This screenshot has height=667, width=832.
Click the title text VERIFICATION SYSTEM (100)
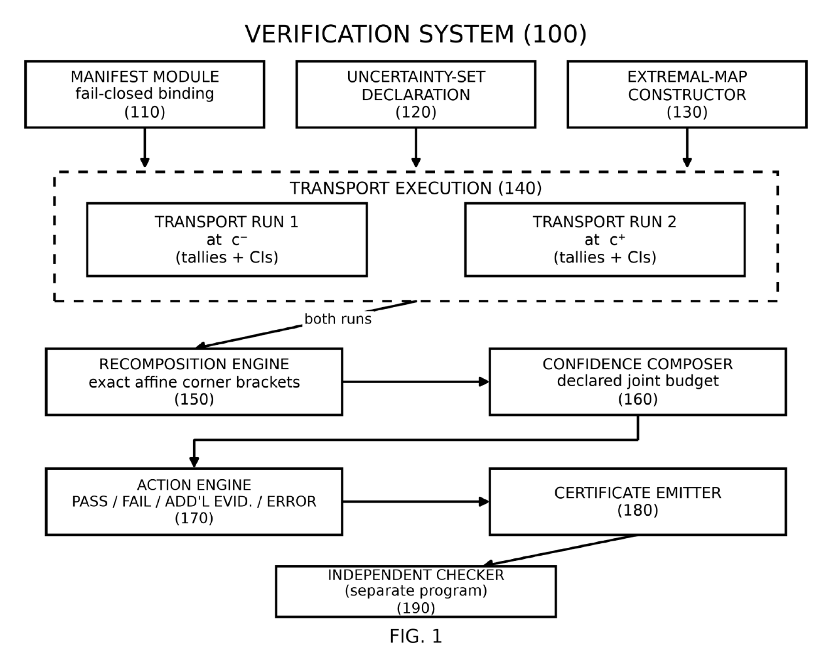pyautogui.click(x=415, y=34)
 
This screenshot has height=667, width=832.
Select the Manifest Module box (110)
pyautogui.click(x=145, y=94)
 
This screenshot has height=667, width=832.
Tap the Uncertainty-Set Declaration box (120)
pyautogui.click(x=415, y=94)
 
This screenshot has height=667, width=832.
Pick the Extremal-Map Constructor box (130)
pyautogui.click(x=687, y=94)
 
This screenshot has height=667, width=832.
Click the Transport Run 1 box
pyautogui.click(x=227, y=240)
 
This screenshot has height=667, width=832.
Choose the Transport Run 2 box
pyautogui.click(x=604, y=240)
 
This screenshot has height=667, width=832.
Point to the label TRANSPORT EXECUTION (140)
pyautogui.click(x=415, y=189)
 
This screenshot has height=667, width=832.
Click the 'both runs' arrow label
pyautogui.click(x=338, y=319)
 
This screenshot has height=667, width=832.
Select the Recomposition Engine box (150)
pyautogui.click(x=194, y=382)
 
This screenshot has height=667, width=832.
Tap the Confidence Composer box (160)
pyautogui.click(x=638, y=382)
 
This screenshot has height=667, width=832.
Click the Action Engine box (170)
pyautogui.click(x=194, y=501)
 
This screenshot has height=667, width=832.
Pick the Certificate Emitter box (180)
pyautogui.click(x=638, y=501)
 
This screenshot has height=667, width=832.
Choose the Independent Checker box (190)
pyautogui.click(x=415, y=591)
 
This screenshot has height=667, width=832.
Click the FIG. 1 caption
pyautogui.click(x=415, y=636)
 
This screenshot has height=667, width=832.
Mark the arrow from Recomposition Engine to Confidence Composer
pyautogui.click(x=415, y=382)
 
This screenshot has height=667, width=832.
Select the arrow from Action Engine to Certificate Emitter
pyautogui.click(x=415, y=501)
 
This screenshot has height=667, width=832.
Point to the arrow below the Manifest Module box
pyautogui.click(x=145, y=147)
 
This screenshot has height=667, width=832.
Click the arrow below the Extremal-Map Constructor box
pyautogui.click(x=687, y=147)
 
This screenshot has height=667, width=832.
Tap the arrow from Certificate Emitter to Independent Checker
pyautogui.click(x=560, y=550)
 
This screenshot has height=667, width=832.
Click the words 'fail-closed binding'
pyautogui.click(x=145, y=94)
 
